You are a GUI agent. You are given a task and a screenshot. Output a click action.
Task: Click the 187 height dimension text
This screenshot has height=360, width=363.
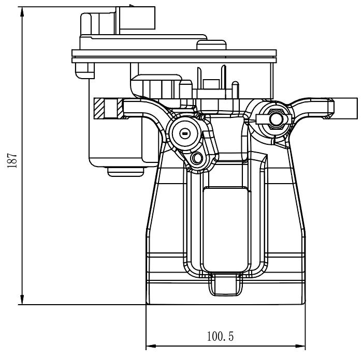12,160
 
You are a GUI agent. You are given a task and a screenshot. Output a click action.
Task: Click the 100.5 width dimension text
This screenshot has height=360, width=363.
220,336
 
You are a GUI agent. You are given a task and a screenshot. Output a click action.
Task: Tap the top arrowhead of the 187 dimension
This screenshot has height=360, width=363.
22,11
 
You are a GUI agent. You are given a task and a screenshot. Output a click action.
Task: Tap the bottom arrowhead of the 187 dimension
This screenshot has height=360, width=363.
22,299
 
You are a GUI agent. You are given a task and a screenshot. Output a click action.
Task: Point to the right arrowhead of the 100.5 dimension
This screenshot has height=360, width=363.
300,346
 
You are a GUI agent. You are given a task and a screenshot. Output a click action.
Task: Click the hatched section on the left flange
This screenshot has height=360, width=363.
99,108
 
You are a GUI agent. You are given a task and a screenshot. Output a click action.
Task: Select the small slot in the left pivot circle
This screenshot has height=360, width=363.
184,133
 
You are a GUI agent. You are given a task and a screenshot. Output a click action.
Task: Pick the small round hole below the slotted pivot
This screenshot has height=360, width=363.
197,158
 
